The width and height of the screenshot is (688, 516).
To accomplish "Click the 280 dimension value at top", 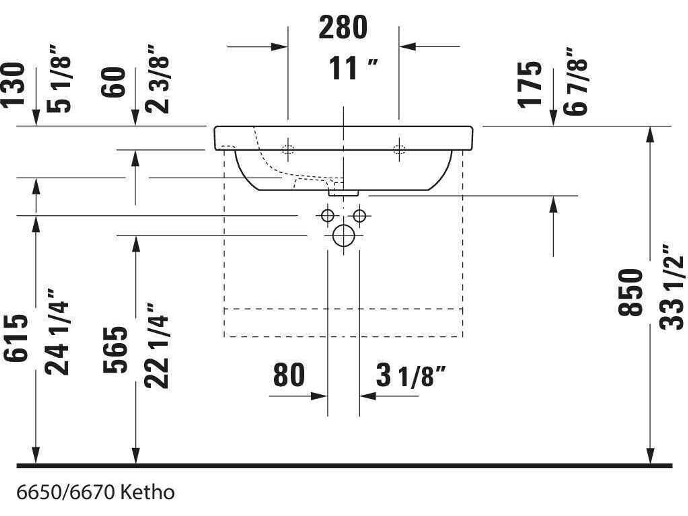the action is pyautogui.click(x=343, y=28).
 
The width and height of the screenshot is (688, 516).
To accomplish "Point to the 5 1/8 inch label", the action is pyautogui.click(x=59, y=78).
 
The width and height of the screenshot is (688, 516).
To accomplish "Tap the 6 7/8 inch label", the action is pyautogui.click(x=575, y=82).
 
